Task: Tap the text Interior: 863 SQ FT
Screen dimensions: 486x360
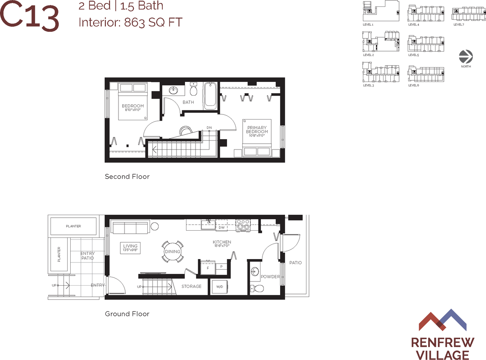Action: (x=130, y=22)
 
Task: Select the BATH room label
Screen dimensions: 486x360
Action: (x=188, y=102)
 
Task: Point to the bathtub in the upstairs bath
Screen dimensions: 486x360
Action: (x=210, y=96)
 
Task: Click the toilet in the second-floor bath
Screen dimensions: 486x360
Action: (x=193, y=89)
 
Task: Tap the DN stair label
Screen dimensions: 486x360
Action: (x=209, y=127)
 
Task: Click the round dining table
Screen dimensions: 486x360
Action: (x=172, y=252)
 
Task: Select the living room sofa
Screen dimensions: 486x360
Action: (x=130, y=227)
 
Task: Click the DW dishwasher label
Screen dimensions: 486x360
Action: (x=221, y=228)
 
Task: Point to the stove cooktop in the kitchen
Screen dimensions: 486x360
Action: (x=243, y=225)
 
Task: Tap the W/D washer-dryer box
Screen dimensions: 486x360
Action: (x=220, y=287)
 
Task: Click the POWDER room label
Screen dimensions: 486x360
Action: (x=270, y=277)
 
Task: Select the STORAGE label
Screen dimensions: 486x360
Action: (x=191, y=286)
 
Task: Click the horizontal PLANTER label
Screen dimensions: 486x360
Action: (x=73, y=226)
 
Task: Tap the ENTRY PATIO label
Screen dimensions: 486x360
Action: (x=87, y=256)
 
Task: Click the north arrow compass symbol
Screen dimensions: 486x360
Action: (x=465, y=57)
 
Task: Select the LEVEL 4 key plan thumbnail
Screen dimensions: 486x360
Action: (x=426, y=14)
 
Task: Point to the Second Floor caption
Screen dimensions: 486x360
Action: (x=127, y=176)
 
